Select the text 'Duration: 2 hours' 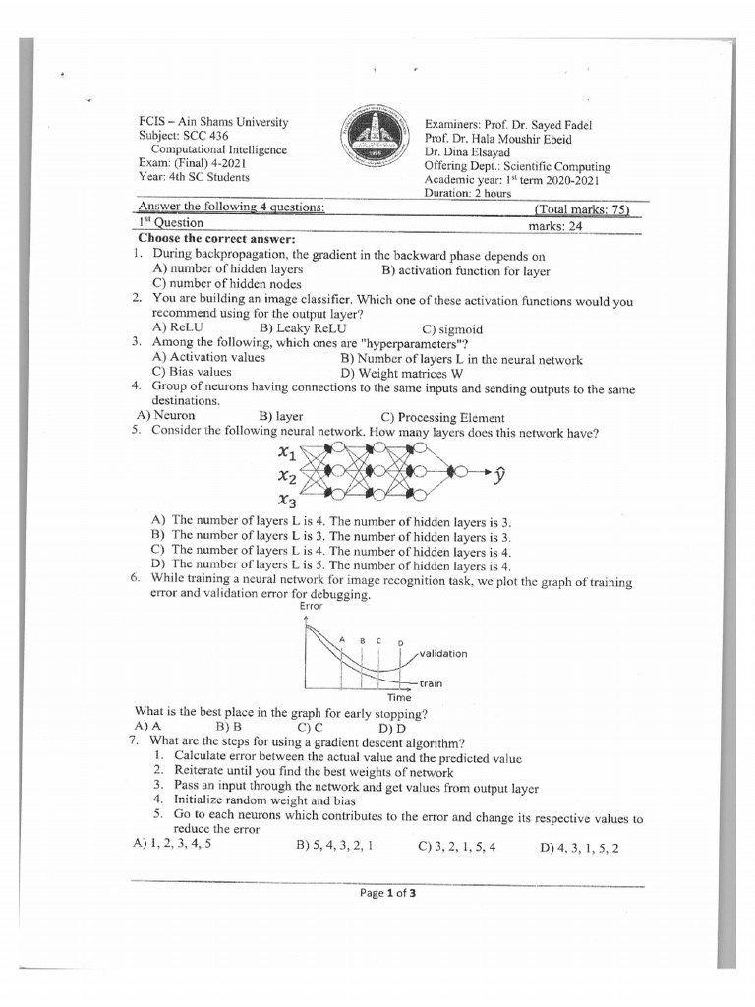point(468,194)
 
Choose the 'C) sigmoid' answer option point(452,329)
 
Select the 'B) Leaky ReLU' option point(303,328)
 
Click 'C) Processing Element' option point(442,417)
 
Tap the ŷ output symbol point(501,476)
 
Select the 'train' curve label point(431,683)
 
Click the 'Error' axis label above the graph point(311,607)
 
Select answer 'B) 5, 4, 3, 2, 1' point(332,845)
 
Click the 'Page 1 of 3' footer point(387,893)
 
